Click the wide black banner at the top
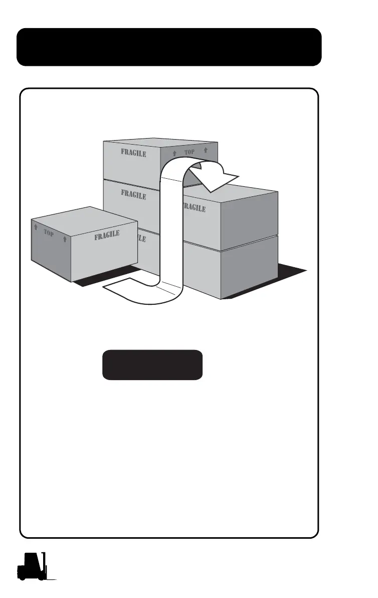pos(169,47)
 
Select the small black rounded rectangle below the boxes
pos(152,365)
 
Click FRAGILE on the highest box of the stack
pos(133,153)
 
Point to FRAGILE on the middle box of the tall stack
pos(133,194)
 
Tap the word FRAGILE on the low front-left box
pos(107,234)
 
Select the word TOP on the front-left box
pos(49,233)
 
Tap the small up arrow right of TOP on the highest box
pos(206,150)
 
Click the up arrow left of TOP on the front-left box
pos(36,227)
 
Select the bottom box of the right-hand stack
pos(231,266)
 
